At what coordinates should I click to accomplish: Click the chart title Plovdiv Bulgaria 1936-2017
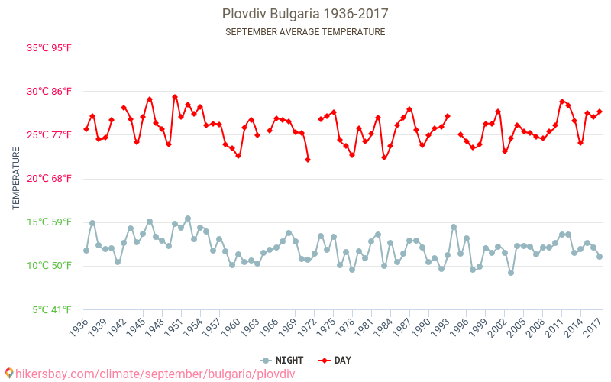[305, 14]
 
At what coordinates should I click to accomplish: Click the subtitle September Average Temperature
[305, 32]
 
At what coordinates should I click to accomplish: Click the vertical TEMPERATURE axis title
[16, 179]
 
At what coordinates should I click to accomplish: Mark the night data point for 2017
[600, 257]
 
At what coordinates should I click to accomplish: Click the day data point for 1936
[86, 129]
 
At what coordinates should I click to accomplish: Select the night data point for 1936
[86, 251]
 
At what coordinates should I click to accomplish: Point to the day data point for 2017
[600, 112]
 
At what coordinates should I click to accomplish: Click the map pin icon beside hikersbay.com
[8, 374]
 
